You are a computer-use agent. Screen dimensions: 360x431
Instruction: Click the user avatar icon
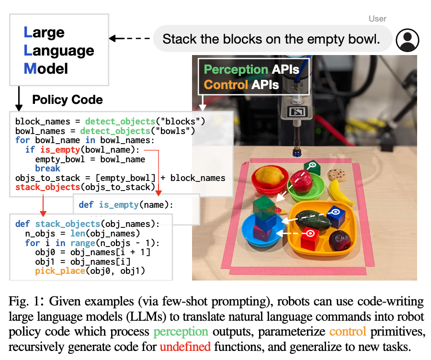coord(408,39)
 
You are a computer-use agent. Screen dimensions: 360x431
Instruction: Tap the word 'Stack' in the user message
coord(180,39)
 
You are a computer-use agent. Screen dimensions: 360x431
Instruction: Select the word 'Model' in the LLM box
coord(46,68)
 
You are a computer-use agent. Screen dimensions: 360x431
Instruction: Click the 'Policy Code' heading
coord(68,100)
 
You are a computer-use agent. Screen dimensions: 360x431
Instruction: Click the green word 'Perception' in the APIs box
coord(235,69)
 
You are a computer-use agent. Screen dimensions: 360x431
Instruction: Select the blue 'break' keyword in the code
coord(47,168)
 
